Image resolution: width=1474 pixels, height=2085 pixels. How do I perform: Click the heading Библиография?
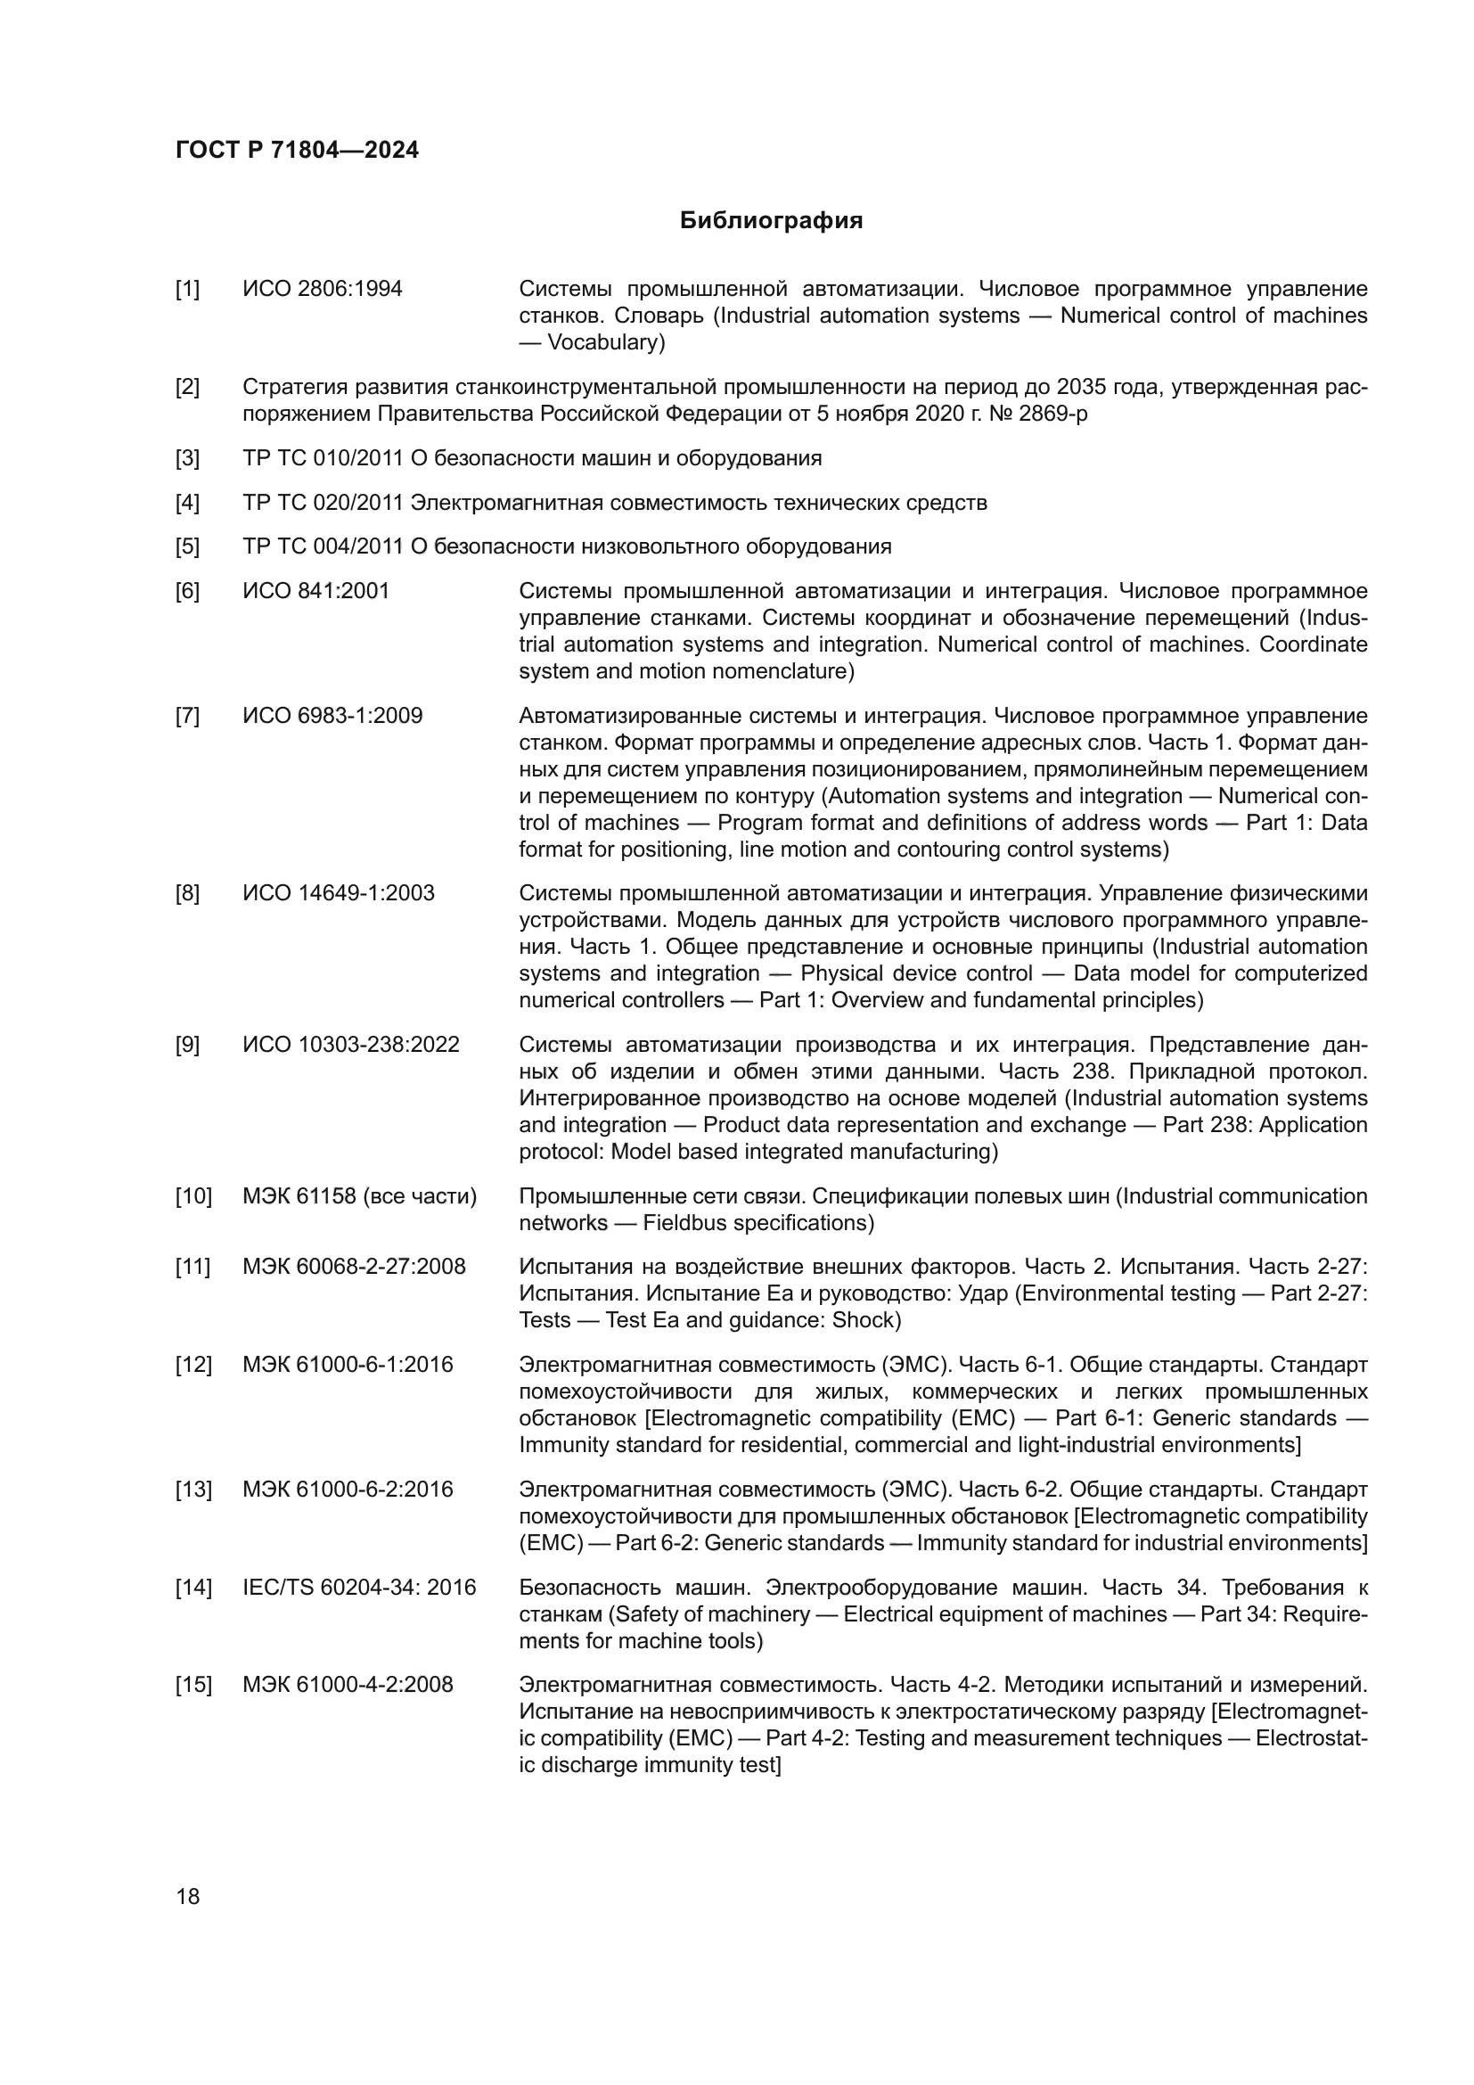coord(771,221)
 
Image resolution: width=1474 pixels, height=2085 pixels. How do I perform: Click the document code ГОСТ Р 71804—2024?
coord(297,150)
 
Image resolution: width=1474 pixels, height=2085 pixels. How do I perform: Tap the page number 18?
coord(188,1896)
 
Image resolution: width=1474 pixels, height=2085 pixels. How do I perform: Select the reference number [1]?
coord(187,290)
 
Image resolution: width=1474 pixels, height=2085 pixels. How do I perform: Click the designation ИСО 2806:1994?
coord(323,290)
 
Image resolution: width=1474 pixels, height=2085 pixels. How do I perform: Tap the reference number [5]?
coord(187,546)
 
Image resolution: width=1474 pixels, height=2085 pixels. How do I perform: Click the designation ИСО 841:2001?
coord(315,591)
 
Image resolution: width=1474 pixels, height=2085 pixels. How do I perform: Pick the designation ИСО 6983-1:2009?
coord(332,716)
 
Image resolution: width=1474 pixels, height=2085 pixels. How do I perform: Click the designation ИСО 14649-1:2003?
coord(339,893)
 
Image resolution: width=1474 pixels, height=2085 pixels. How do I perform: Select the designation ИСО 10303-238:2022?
coord(351,1046)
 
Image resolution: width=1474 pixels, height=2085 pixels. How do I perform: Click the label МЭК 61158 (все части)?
coord(359,1197)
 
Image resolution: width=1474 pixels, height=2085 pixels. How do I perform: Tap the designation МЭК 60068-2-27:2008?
coord(354,1267)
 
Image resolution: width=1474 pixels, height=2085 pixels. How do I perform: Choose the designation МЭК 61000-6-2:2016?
coord(348,1490)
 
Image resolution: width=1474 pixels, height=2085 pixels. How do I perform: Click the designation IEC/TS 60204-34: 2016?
coord(359,1588)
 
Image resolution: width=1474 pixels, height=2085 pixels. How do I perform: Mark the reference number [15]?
coord(192,1686)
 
